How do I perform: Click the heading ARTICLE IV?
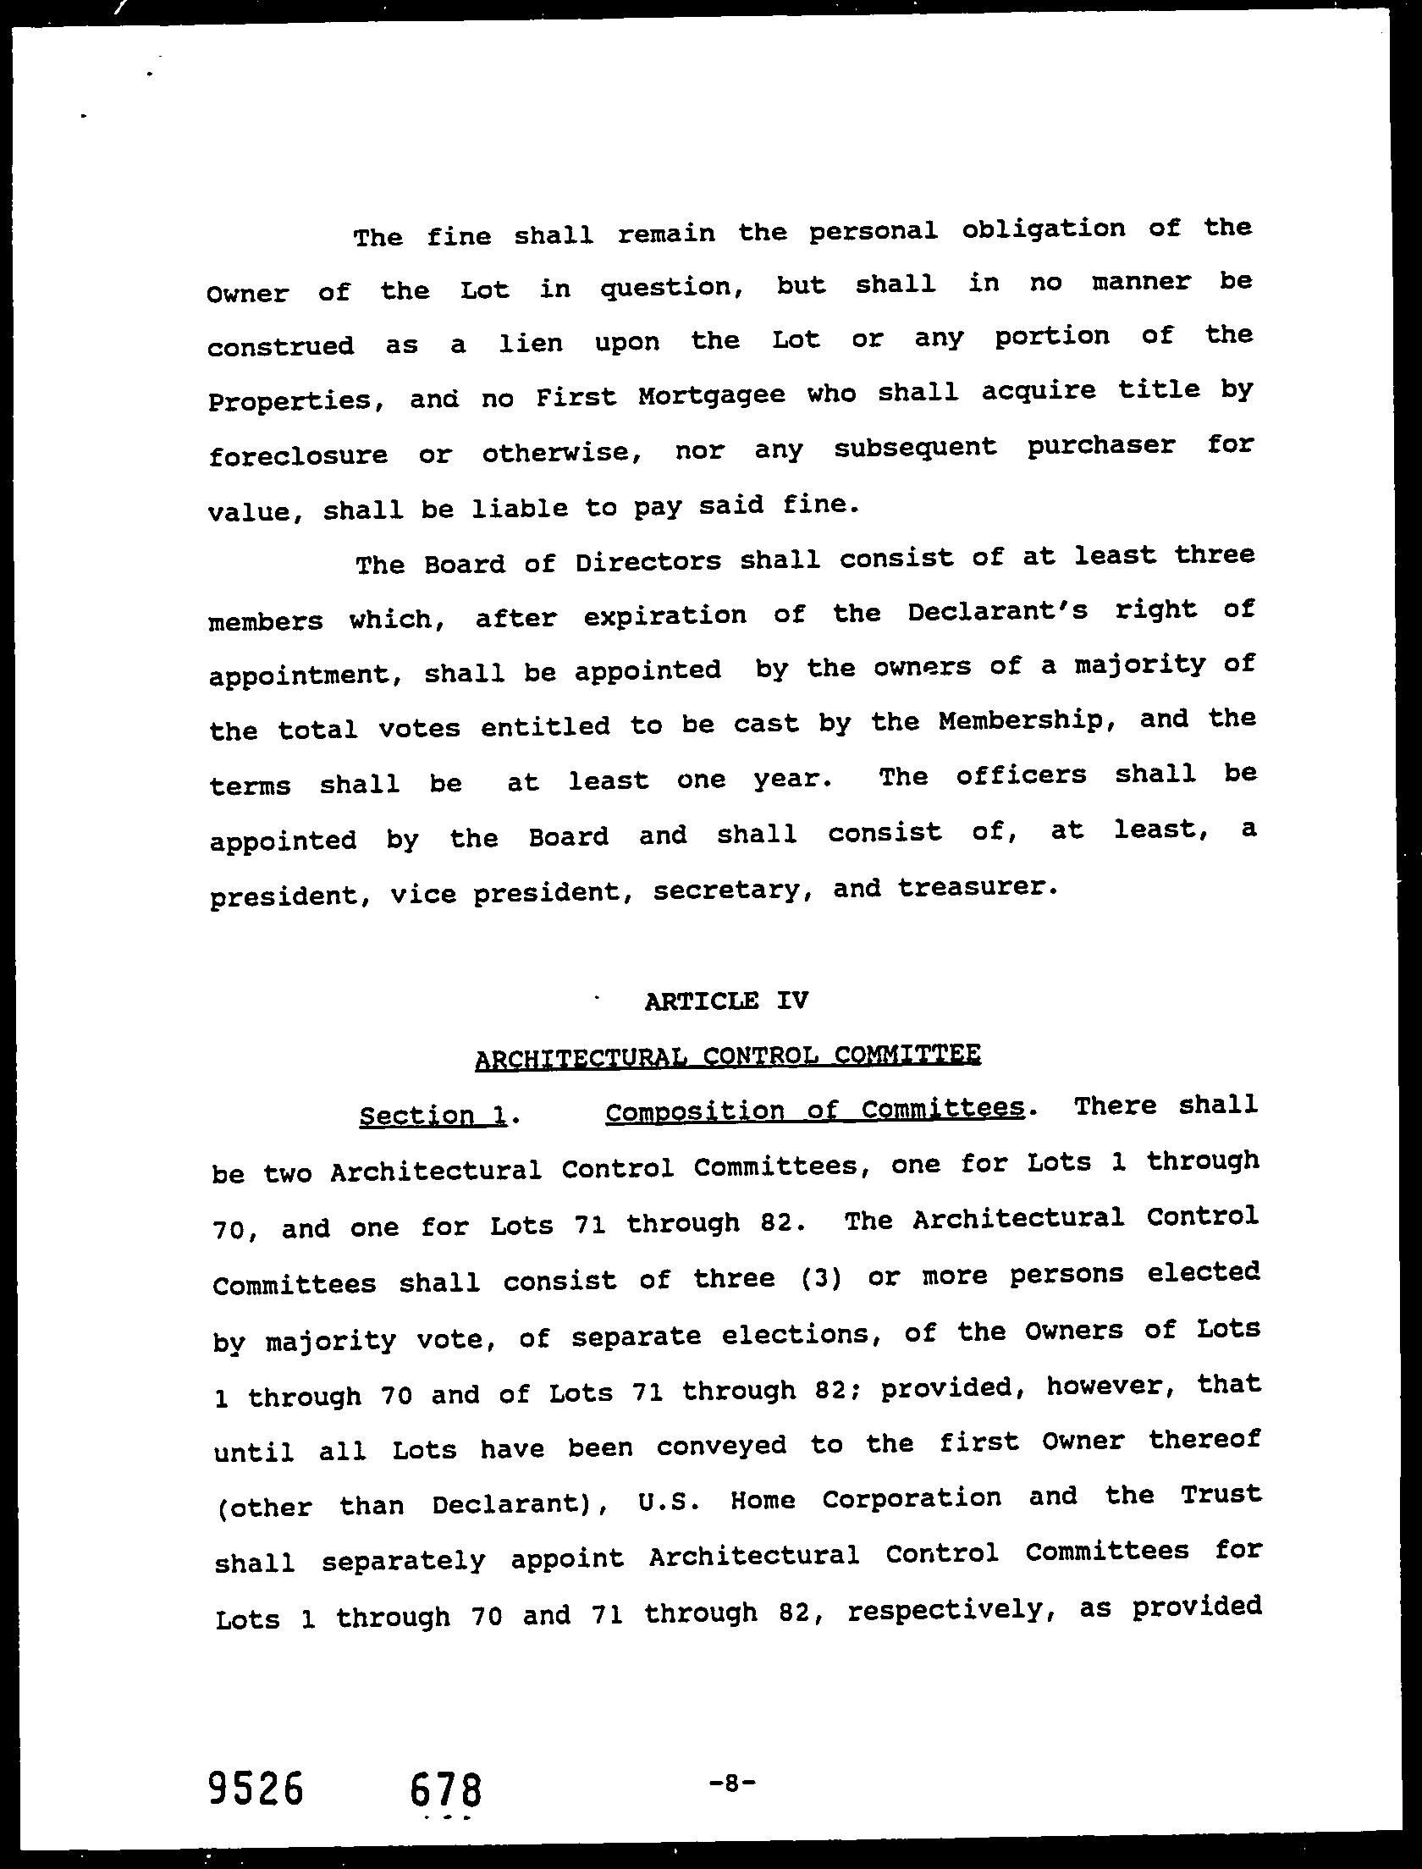[x=725, y=1001]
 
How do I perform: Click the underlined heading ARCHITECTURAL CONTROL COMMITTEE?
[x=728, y=1056]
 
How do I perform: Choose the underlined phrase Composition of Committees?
[x=814, y=1110]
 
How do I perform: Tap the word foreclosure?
[x=298, y=455]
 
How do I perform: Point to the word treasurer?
[x=978, y=887]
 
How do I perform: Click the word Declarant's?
[x=997, y=611]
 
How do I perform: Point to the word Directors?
[x=648, y=561]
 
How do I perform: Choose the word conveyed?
[x=721, y=1445]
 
